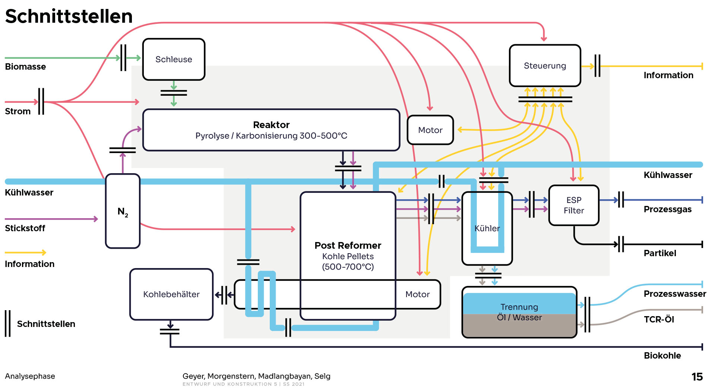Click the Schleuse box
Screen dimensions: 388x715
[174, 59]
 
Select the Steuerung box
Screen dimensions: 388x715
[545, 66]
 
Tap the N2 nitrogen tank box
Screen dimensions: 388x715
[123, 211]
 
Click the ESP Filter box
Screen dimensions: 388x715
[574, 205]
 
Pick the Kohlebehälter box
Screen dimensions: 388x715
[171, 294]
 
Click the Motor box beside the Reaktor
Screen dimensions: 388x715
[430, 130]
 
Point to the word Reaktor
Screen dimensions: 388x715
[271, 125]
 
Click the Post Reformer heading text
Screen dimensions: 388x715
[348, 245]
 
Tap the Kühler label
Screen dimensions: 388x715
[487, 228]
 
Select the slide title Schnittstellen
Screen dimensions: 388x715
[69, 16]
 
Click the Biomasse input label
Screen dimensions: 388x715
[25, 67]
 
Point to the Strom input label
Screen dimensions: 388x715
[18, 111]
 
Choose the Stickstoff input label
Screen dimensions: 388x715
[25, 228]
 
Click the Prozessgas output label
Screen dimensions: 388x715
[667, 209]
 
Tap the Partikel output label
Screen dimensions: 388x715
[660, 253]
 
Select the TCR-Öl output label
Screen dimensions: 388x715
[659, 319]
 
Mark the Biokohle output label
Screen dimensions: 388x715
[662, 356]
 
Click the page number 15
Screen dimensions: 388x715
[697, 377]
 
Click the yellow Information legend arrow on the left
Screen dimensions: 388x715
[25, 252]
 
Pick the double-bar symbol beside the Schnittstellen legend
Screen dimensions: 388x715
[7, 324]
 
